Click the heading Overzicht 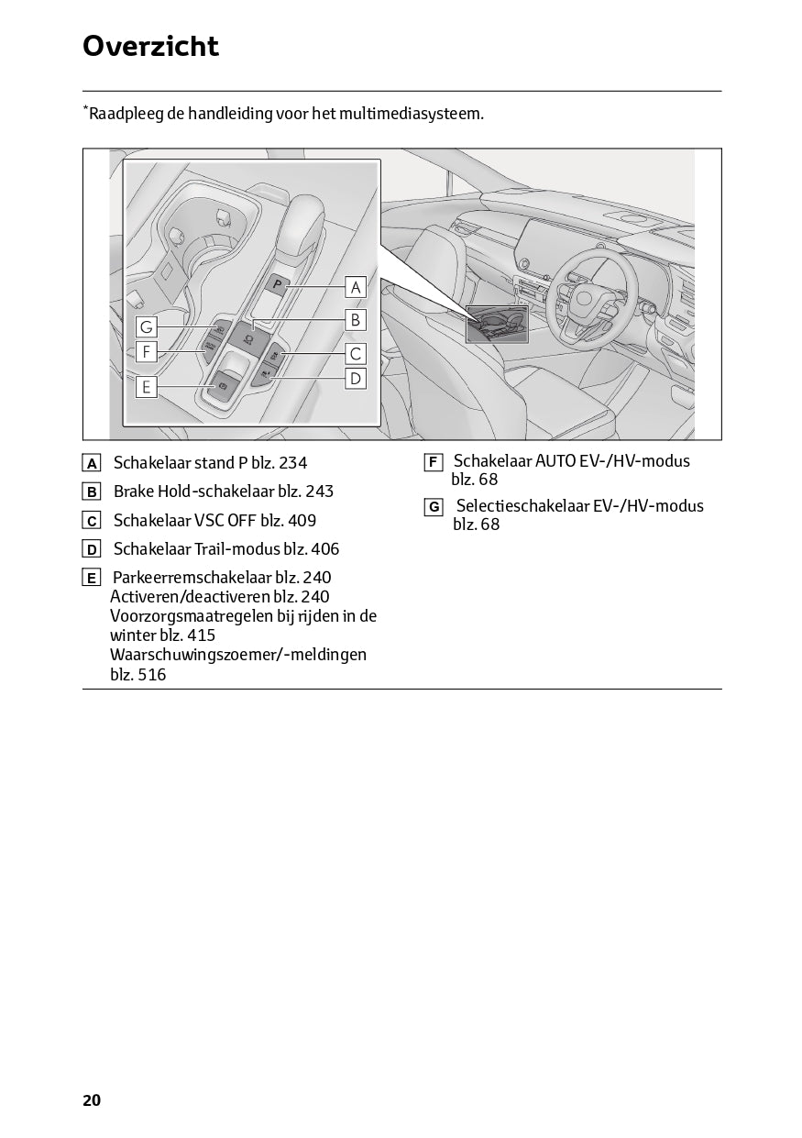coord(150,46)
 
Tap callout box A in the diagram coord(356,287)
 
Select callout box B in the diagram coord(356,320)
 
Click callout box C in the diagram coord(356,353)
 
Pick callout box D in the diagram coord(356,378)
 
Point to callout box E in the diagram coord(146,387)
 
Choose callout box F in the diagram coord(146,351)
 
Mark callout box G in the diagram coord(146,326)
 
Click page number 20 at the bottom coord(92,1100)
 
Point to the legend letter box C coord(92,521)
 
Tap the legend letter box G coord(434,506)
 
